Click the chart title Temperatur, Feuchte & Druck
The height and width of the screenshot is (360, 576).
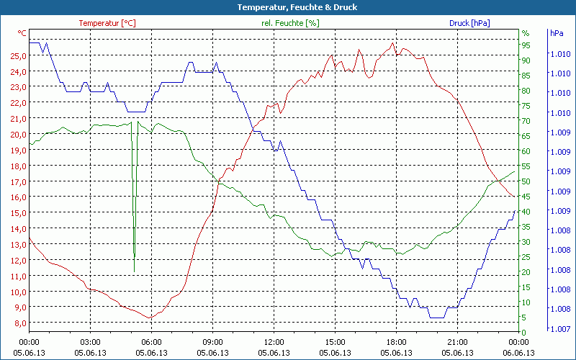pos(288,7)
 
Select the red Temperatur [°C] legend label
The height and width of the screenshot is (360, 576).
pos(107,23)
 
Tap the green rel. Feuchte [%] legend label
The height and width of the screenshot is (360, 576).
pos(290,23)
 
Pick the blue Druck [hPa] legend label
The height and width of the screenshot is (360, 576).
pos(469,23)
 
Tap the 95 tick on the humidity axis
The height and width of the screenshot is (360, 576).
pos(526,45)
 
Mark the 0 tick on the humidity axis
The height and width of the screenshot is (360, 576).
pos(523,332)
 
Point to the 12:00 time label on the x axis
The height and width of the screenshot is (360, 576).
pos(274,342)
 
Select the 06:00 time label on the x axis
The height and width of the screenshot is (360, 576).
pos(151,342)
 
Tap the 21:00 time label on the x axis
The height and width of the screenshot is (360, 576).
pos(457,342)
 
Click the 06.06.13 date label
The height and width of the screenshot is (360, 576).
pos(518,353)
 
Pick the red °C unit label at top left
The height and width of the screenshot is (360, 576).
pos(22,33)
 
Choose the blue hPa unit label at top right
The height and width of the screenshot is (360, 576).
pos(557,33)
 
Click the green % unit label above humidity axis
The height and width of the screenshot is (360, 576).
pos(526,33)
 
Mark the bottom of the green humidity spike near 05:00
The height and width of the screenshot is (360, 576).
pos(135,271)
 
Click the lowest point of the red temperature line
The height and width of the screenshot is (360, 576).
pos(150,318)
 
